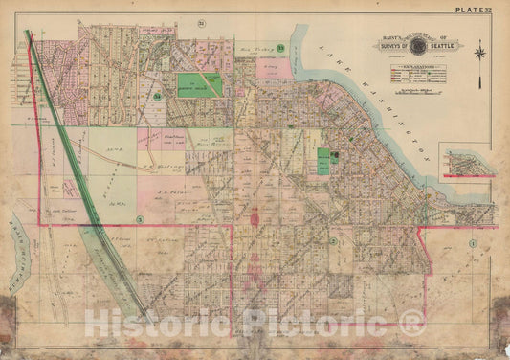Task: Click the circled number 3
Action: (140, 219)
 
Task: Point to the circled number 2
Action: (332, 241)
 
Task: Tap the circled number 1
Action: (473, 244)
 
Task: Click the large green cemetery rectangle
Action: (202, 84)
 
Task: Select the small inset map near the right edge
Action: (466, 160)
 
